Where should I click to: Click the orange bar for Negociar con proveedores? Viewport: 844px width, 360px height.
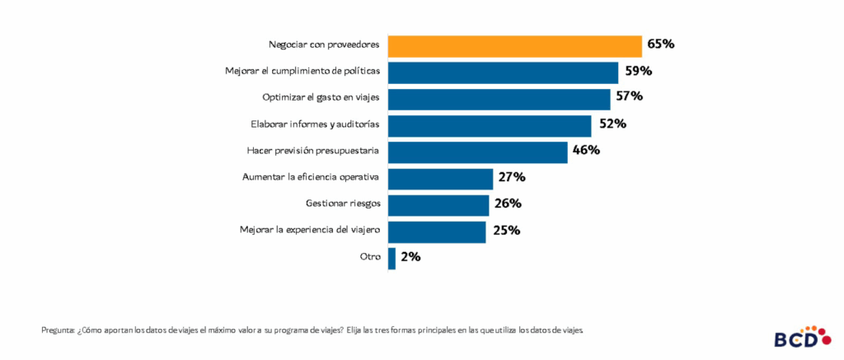coord(514,46)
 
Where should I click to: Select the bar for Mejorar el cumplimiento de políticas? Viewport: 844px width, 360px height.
coord(503,72)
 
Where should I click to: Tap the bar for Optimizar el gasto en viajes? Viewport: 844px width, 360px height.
coord(499,99)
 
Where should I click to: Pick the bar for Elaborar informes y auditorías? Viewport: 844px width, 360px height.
coord(490,125)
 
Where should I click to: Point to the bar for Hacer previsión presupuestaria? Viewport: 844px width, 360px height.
coord(477,152)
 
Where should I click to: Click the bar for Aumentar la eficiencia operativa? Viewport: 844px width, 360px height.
coord(440,179)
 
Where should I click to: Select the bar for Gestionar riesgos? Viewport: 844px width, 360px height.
coord(438,205)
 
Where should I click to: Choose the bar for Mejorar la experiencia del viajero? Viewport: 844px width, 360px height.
coord(437,231)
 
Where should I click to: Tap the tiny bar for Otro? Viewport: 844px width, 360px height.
coord(392,258)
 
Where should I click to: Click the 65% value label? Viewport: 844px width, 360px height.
coord(661,44)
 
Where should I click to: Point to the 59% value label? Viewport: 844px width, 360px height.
coord(638,72)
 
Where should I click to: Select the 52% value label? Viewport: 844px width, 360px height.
coord(611,124)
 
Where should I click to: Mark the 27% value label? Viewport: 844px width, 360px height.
coord(511,178)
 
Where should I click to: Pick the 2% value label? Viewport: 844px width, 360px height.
coord(410,257)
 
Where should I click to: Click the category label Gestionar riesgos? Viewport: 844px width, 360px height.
coord(338,203)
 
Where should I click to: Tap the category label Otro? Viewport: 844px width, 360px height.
coord(370,257)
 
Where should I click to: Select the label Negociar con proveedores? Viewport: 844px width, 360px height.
coord(325,44)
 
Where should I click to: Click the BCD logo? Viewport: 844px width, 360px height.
coord(797,337)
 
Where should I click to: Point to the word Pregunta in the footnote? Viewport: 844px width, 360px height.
coord(58,330)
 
